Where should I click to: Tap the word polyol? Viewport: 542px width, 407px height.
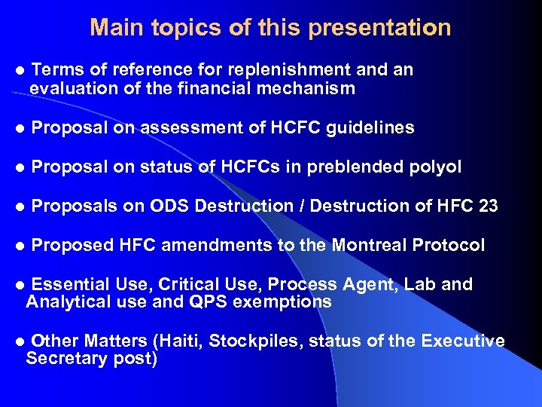435,167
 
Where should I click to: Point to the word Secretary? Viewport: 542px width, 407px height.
63,360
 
